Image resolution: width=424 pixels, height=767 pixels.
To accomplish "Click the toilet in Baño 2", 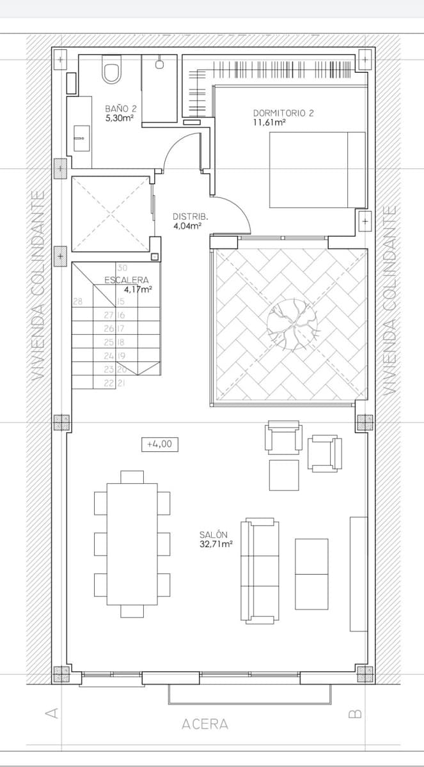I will tap(112, 70).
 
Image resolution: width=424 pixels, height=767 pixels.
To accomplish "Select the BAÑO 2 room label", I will tap(121, 109).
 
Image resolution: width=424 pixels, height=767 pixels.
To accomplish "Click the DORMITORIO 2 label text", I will tap(283, 113).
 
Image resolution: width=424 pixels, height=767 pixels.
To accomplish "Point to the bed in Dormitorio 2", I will tap(317, 169).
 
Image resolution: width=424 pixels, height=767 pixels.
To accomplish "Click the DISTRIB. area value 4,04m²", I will tap(187, 226).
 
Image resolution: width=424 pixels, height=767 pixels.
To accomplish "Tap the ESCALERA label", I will tap(127, 280).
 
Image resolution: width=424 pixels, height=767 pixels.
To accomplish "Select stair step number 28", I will tap(78, 302).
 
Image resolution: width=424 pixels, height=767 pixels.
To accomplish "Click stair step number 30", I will tap(122, 268).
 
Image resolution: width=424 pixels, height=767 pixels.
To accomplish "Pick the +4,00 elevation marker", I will tap(159, 444).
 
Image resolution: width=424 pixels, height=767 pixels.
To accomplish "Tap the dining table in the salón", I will tap(132, 544).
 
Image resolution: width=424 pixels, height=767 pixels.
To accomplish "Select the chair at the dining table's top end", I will tap(132, 477).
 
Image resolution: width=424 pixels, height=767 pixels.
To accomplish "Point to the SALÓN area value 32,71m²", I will tap(216, 545).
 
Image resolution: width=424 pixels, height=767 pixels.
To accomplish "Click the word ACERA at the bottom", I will tap(205, 724).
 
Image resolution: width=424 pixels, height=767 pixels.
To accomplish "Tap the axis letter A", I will tap(52, 713).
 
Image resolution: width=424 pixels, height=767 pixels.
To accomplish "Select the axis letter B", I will tap(356, 713).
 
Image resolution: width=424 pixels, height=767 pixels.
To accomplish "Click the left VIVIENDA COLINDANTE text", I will tap(38, 284).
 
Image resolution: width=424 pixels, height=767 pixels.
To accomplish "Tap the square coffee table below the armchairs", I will tap(283, 475).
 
